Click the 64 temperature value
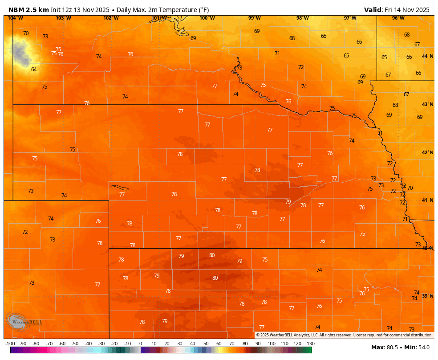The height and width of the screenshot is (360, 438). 34,69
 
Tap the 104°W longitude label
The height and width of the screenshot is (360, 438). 15,18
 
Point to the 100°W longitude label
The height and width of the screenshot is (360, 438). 207,18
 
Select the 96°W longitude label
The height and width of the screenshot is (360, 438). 398,18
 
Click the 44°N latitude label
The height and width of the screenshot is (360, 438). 427,56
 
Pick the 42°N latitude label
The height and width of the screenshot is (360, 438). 427,152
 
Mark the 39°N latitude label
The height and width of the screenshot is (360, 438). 427,296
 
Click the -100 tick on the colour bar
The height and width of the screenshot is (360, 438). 10,344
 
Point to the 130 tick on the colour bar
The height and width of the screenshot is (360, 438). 311,344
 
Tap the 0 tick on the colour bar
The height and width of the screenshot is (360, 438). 141,344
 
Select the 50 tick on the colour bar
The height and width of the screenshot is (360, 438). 206,344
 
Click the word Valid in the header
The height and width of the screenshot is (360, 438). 373,10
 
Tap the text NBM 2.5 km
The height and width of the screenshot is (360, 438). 28,10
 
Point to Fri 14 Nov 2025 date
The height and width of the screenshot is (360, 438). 408,10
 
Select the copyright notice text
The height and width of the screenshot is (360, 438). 344,335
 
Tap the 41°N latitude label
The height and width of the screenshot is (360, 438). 427,200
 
